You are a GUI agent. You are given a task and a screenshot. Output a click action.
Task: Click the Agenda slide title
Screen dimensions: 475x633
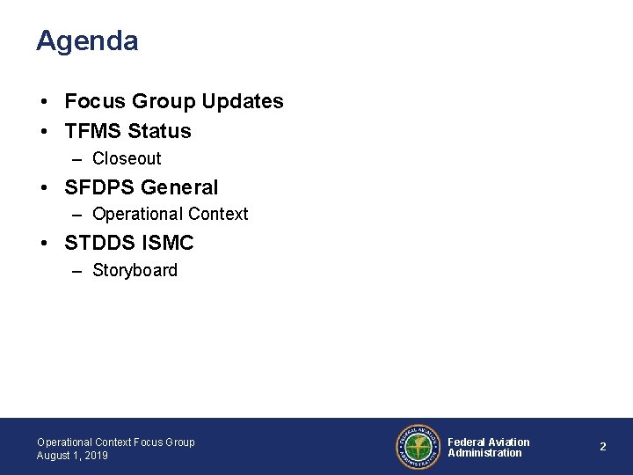coord(87,41)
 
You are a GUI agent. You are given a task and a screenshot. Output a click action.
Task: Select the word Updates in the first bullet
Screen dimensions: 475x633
coord(244,102)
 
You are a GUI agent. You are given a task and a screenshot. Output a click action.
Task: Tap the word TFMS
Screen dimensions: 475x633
coord(92,132)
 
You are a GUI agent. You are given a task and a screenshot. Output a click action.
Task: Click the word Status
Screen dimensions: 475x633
coord(159,132)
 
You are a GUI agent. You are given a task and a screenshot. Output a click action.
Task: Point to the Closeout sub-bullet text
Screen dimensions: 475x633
coord(127,159)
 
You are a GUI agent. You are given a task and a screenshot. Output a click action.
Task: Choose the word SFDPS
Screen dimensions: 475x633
coord(99,187)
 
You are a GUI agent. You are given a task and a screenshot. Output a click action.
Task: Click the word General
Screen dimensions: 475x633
coord(179,187)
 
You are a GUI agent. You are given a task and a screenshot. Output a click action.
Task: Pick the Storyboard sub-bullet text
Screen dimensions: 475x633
coord(135,270)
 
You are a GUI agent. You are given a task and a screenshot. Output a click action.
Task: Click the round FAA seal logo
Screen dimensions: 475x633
coord(418,447)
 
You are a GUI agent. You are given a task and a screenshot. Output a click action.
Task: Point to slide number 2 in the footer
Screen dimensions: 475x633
coord(603,447)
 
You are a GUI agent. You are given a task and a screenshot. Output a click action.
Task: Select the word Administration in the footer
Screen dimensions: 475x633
coord(484,453)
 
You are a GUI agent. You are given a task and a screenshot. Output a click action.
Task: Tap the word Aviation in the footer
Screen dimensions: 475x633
coord(508,442)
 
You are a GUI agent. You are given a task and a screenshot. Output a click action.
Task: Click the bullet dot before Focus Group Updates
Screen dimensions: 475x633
coord(42,103)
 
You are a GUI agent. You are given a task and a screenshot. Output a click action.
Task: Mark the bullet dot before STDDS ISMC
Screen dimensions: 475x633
coord(42,243)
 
